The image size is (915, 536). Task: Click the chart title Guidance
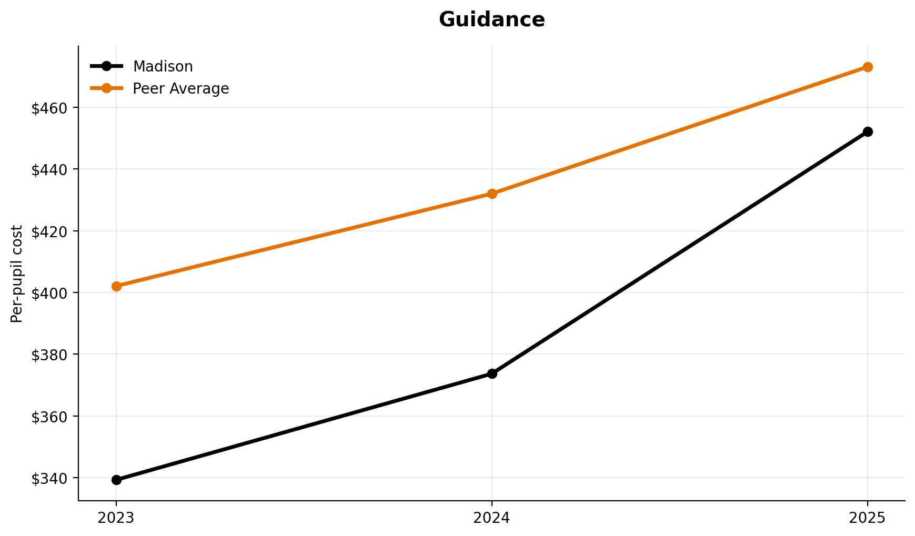pos(491,20)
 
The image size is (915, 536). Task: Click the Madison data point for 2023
pos(116,480)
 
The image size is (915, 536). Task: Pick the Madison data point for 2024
pos(492,373)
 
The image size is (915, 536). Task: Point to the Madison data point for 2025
pos(868,132)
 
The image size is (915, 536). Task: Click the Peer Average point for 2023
pos(116,286)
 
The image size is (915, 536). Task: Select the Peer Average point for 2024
pos(492,194)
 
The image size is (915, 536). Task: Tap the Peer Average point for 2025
pos(868,67)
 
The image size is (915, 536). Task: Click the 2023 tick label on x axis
pos(116,518)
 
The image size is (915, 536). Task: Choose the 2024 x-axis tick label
pos(492,518)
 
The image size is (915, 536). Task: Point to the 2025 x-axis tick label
pos(868,518)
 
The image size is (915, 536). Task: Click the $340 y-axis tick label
pos(50,478)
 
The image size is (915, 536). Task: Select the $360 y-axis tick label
pos(50,417)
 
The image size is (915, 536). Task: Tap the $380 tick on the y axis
pos(50,355)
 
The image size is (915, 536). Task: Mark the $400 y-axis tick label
pos(50,293)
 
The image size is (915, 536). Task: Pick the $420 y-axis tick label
pos(50,231)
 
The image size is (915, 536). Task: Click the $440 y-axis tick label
pos(50,169)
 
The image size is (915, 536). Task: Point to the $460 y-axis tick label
pos(50,108)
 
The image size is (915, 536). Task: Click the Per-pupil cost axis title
pos(17,274)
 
